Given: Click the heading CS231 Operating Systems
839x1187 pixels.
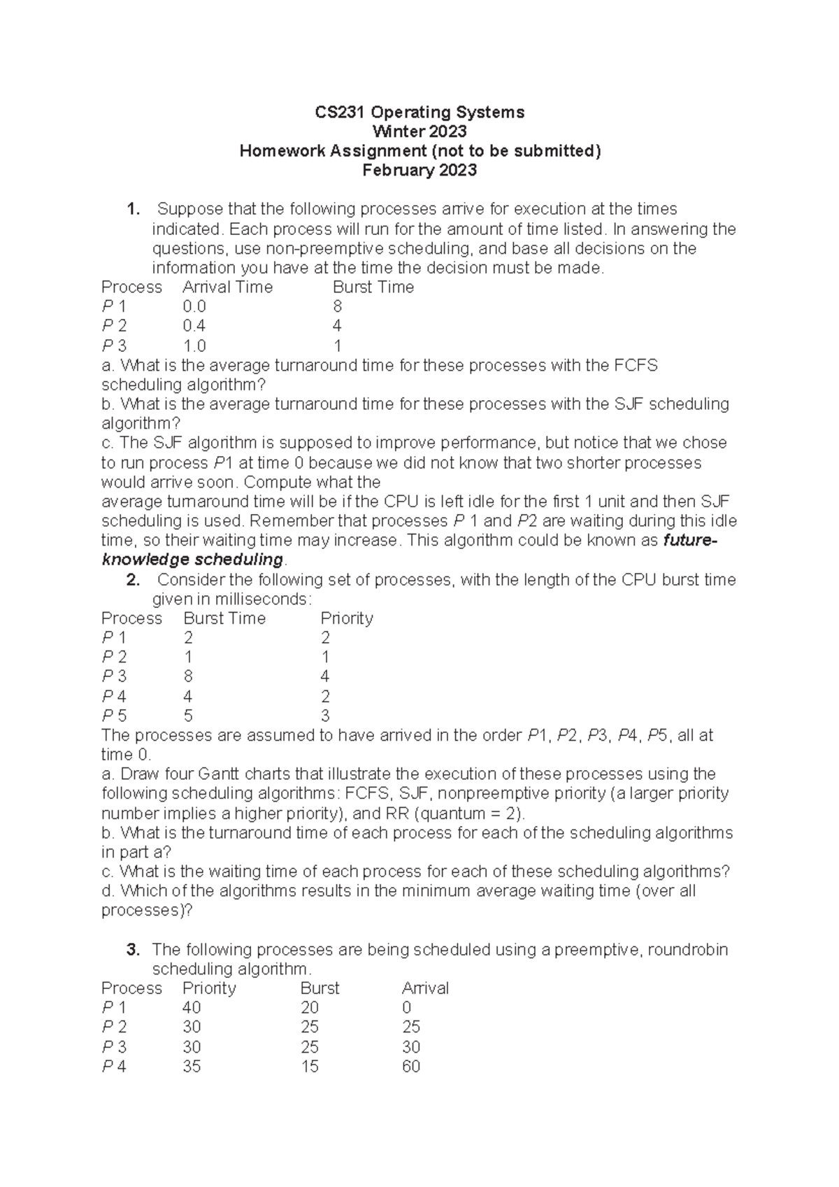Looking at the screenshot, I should coord(419,112).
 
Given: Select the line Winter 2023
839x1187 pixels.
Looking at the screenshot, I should coord(419,132).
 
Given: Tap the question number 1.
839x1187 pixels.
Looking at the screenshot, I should coord(133,209).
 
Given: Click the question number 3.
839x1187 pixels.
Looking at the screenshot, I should coord(133,950).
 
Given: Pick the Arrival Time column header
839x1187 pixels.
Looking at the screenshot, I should coord(227,287).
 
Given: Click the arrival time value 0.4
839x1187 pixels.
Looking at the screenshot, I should coord(194,326).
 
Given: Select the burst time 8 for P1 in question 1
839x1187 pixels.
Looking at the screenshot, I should coord(338,306).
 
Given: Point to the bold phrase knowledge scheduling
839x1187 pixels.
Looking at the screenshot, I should coord(192,560).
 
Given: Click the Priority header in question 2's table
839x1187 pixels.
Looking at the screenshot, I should coord(346,618).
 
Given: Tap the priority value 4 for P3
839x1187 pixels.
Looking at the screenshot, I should coord(325,676).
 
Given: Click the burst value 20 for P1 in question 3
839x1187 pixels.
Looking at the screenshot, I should coord(309,1008).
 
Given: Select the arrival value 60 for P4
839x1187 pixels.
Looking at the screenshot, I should coord(410,1067).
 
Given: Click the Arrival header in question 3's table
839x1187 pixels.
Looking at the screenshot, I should coord(425,988).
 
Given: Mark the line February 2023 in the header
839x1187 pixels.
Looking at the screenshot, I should coord(419,171).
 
